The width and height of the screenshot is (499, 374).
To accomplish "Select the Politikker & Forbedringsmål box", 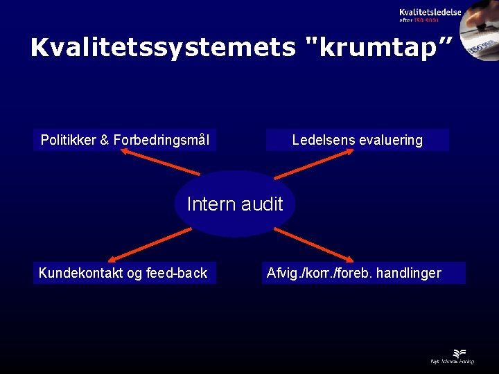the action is (125, 140).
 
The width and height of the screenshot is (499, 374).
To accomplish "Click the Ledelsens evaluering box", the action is (357, 140).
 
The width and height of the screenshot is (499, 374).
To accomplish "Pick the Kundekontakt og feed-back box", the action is (123, 273).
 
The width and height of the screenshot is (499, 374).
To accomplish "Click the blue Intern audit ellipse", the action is (235, 204).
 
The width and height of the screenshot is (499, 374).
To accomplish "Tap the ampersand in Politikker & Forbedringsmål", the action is (104, 140).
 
